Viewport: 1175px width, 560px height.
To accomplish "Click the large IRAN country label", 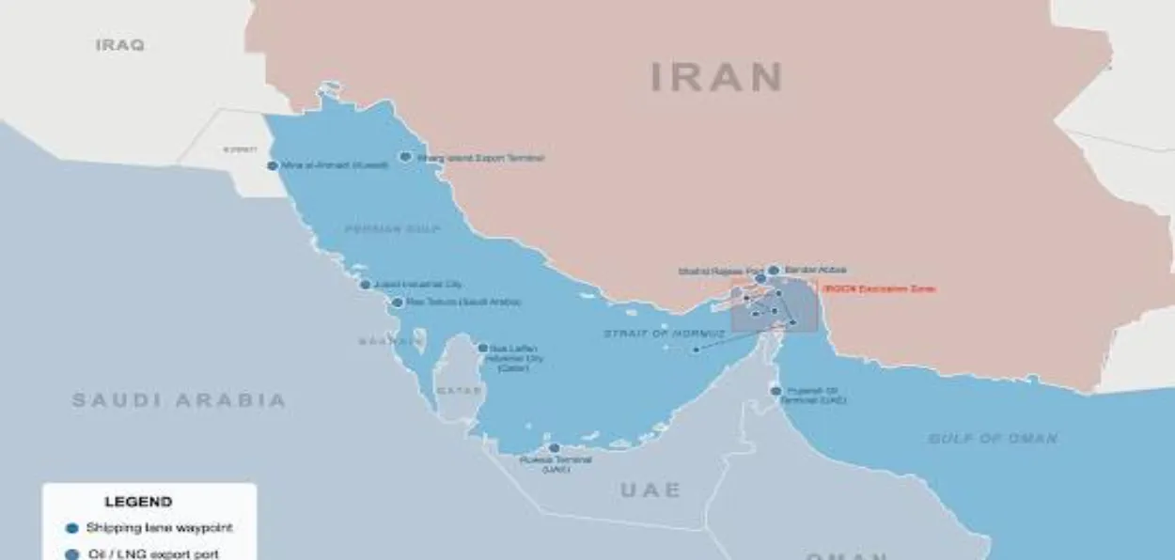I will pos(717,77).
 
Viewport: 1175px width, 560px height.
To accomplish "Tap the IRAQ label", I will pos(119,44).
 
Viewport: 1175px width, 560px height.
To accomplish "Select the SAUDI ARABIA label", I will pos(179,400).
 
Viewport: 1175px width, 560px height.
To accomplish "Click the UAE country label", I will pos(650,490).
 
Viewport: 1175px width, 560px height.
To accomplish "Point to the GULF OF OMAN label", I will pos(993,438).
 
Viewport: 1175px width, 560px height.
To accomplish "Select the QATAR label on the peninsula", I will pos(458,390).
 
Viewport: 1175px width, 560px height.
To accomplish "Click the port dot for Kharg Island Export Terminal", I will pos(406,157).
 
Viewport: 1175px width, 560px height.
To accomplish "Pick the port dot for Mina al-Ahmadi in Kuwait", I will pos(273,165).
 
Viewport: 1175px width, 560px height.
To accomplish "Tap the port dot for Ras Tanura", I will pos(398,303).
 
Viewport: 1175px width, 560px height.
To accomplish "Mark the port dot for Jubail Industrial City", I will pos(366,284).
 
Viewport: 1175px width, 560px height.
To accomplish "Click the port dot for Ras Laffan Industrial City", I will pos(483,348).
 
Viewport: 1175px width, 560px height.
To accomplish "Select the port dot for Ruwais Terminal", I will pos(555,448).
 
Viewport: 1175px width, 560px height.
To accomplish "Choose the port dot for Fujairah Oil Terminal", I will pos(775,390).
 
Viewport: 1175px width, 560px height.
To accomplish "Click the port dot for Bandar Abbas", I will pos(774,270).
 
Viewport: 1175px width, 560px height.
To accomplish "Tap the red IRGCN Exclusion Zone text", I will pos(878,289).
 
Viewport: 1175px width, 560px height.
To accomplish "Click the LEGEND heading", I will pos(138,502).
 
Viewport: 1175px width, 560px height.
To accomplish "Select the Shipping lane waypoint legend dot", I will pos(71,528).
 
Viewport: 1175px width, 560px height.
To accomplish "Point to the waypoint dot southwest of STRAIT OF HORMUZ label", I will pos(696,350).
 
